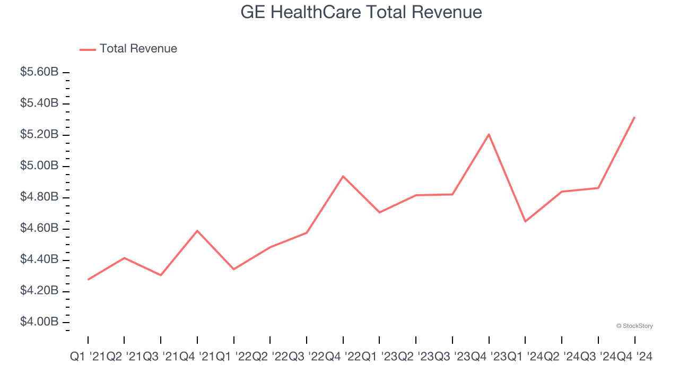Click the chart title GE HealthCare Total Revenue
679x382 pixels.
361,12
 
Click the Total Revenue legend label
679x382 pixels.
138,49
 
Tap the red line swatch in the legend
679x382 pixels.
88,49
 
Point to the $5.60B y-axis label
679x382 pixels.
39,72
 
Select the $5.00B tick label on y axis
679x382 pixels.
39,166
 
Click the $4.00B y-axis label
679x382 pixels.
39,323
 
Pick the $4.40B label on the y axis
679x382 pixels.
39,260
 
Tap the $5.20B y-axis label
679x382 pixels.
39,135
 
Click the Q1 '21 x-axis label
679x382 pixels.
88,357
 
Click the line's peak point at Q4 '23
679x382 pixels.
489,134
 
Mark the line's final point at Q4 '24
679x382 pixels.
634,117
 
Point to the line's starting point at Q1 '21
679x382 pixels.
88,280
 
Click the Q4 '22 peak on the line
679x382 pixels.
343,176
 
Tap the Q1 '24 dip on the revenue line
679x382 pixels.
525,221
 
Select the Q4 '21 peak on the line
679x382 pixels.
197,231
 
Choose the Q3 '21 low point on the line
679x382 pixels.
161,275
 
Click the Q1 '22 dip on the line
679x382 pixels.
233,269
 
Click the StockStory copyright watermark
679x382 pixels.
634,326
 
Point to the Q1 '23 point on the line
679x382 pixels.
379,212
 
